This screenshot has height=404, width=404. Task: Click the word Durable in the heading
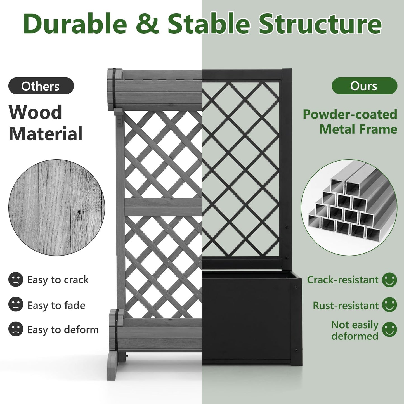75,24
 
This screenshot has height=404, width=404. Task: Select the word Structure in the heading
320,24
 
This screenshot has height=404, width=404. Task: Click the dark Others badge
41,86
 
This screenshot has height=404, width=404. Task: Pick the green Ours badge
364,86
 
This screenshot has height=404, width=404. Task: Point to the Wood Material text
46,123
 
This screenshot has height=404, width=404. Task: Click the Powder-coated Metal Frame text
350,122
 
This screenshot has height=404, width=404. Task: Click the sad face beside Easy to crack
16,279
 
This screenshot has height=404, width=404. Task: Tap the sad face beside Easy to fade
16,304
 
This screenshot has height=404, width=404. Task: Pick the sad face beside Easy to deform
16,329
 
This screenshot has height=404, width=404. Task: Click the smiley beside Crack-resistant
389,280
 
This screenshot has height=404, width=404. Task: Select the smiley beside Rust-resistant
389,304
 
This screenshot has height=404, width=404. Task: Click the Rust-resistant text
346,305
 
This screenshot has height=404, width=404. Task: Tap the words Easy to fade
56,305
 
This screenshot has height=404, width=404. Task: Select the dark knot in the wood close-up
79,212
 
